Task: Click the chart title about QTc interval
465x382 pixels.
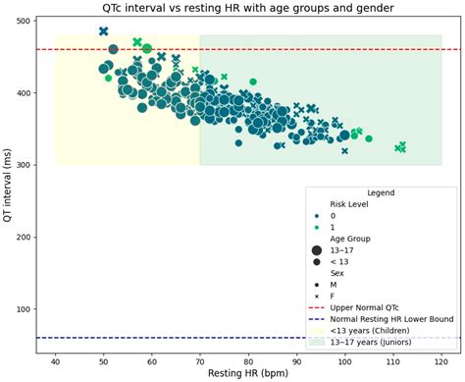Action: [247, 8]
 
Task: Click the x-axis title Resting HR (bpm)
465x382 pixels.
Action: [247, 373]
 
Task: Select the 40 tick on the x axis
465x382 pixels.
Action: [55, 361]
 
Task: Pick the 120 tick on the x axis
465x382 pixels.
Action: [440, 361]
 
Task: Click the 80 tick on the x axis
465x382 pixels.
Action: [248, 361]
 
